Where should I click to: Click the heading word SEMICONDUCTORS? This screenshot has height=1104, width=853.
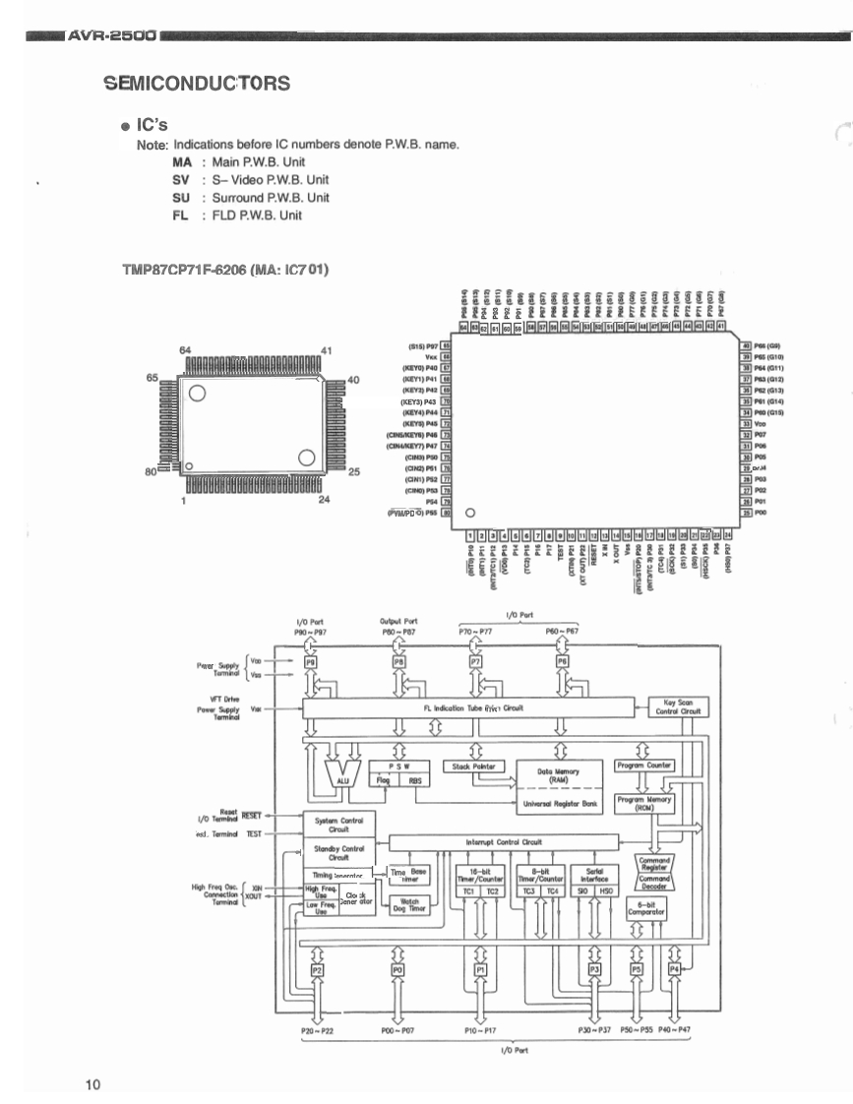(x=197, y=83)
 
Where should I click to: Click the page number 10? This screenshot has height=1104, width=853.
(x=92, y=1084)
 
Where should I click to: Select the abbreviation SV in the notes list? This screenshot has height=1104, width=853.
(x=181, y=180)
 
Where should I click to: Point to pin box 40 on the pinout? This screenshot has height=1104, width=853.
(x=746, y=346)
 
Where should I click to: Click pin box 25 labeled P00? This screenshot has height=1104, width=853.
(x=746, y=513)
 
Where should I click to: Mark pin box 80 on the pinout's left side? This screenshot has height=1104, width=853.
(x=446, y=513)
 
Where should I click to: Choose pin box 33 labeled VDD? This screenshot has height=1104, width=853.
(x=746, y=424)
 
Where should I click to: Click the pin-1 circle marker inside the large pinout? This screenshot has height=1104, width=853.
(x=469, y=513)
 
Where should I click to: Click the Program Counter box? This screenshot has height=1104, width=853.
(x=643, y=765)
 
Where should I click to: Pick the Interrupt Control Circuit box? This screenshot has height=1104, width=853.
(x=505, y=842)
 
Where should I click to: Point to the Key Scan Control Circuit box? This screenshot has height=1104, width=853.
(x=678, y=707)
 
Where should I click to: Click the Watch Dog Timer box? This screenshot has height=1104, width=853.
(x=410, y=905)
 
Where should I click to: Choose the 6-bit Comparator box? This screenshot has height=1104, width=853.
(x=645, y=908)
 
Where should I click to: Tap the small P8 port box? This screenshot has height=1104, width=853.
(x=398, y=663)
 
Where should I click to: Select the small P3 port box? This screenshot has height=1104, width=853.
(x=593, y=970)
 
